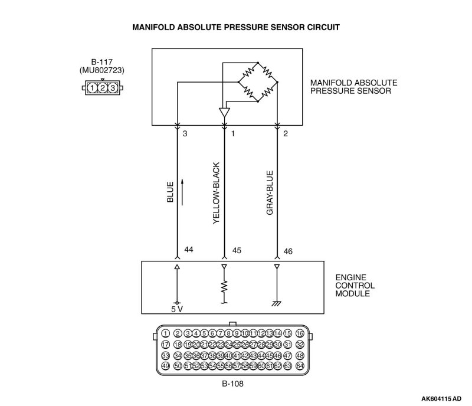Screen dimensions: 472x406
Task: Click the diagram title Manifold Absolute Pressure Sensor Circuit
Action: coord(235,27)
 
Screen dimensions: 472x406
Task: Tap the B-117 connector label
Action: coord(103,62)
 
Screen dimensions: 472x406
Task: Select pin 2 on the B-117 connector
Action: coord(103,89)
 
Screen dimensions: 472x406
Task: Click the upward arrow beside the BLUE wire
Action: coord(183,192)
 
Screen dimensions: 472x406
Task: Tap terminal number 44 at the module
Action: coord(189,250)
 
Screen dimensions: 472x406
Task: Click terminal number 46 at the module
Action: coord(289,250)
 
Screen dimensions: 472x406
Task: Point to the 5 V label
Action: coord(176,307)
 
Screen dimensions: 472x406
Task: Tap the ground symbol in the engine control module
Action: coord(277,303)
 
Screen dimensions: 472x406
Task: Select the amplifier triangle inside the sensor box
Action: coord(224,112)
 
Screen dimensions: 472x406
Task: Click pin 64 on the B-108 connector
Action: coord(300,366)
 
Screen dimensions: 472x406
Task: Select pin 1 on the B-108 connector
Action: coord(165,333)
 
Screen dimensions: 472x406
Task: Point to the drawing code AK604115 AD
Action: coord(442,398)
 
